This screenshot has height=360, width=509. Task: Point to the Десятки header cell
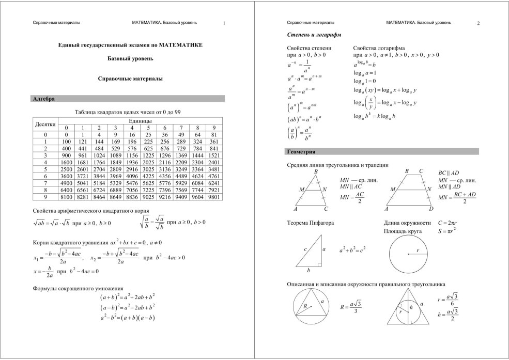point(45,124)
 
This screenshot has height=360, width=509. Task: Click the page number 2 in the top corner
point(479,23)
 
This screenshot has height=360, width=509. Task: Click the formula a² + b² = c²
point(352,249)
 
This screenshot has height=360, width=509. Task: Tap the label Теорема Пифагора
point(310,223)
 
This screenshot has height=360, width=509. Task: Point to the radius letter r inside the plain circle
point(418,250)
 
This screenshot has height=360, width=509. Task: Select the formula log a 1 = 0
point(365,82)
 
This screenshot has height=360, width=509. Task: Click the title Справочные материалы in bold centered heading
point(130,79)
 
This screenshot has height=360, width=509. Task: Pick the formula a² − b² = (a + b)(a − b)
point(128,317)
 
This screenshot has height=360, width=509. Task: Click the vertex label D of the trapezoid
point(431,209)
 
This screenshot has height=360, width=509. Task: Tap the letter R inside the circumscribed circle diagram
point(305,306)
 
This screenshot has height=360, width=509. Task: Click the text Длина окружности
point(407,223)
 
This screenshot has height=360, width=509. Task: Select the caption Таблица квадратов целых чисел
point(127,112)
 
